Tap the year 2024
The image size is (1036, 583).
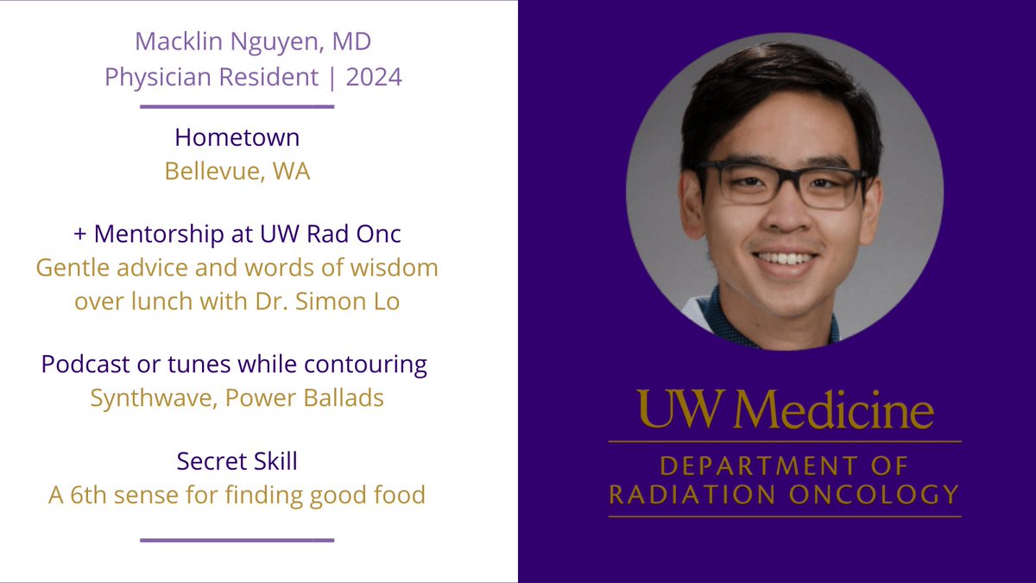pos(374,77)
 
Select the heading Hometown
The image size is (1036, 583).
pos(237,137)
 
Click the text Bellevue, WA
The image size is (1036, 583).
pos(237,171)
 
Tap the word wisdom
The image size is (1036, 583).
pos(394,268)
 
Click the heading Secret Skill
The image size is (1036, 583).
pos(237,461)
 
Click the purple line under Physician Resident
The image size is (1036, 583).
pos(237,107)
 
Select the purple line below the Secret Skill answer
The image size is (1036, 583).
pos(237,540)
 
